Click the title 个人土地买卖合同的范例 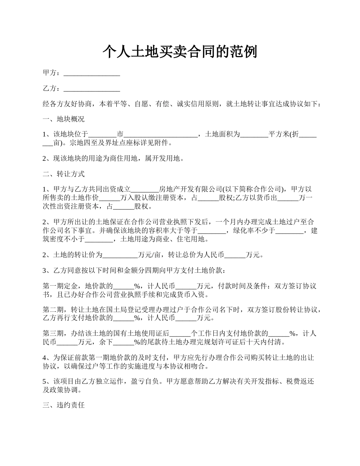point(180,52)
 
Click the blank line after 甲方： point(92,73)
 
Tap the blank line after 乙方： point(92,89)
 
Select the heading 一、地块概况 point(64,119)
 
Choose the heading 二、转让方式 point(64,174)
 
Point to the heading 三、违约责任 point(64,405)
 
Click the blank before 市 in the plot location point(102,134)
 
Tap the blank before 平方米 point(254,134)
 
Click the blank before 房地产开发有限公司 point(145,189)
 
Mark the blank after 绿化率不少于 point(290,231)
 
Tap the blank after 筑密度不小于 point(99,239)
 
